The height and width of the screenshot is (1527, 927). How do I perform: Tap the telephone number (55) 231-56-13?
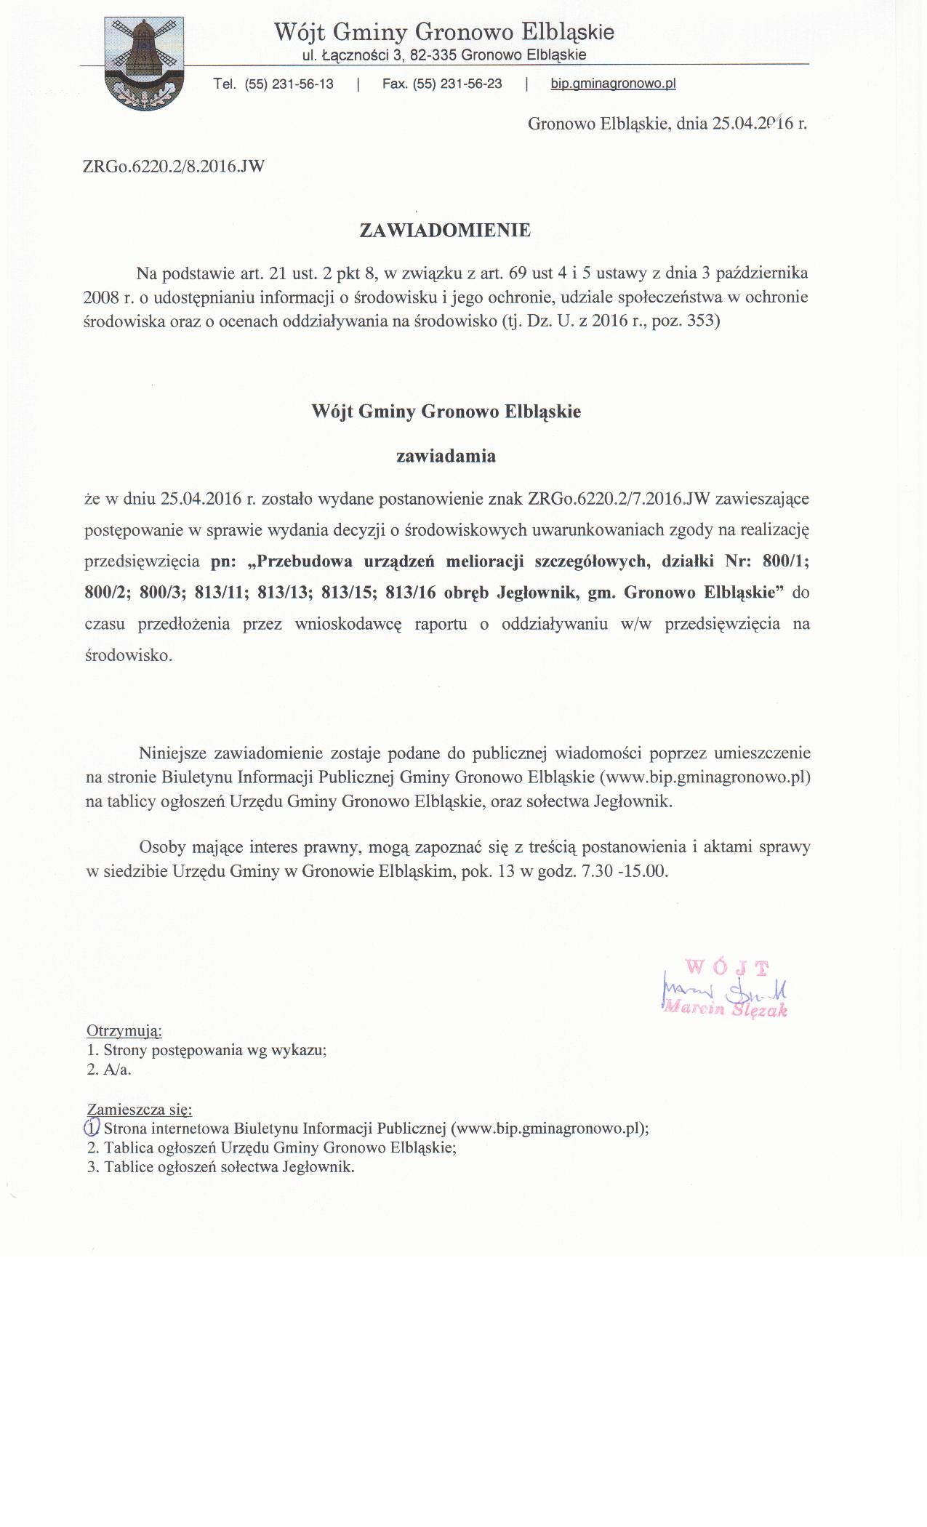(x=289, y=84)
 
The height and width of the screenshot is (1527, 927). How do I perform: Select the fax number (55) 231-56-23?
(x=457, y=84)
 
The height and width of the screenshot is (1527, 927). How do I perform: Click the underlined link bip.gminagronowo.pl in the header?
(x=613, y=84)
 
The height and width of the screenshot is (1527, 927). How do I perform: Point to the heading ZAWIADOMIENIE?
(x=445, y=231)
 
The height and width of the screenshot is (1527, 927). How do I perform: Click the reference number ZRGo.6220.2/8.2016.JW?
(x=174, y=167)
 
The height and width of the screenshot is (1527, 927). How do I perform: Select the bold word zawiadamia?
(x=446, y=457)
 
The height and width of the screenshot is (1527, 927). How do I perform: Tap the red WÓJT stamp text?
(x=726, y=967)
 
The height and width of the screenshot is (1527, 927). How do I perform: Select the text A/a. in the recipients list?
(x=118, y=1070)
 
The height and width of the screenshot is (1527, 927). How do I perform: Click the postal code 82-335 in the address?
(x=434, y=55)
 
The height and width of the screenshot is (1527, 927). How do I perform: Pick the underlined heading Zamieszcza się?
(x=140, y=1110)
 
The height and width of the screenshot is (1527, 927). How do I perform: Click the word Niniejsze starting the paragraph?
(x=174, y=753)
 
